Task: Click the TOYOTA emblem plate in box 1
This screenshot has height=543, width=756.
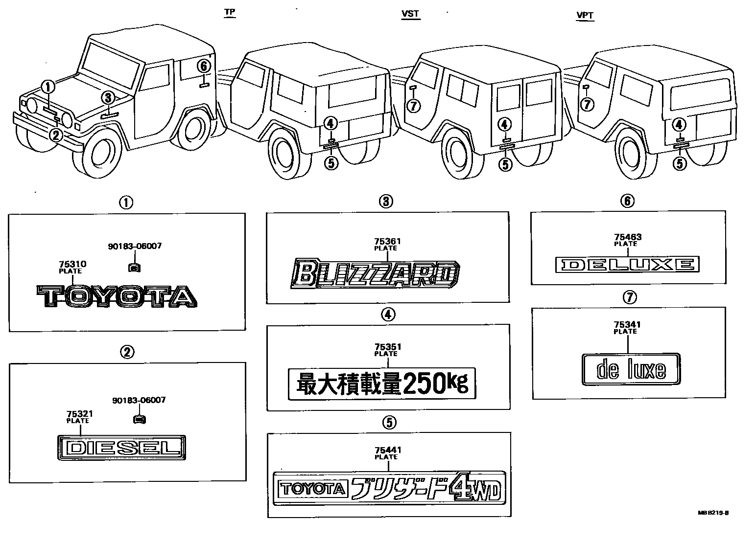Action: coord(117,296)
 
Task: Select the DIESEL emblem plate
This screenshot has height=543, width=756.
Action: coord(122,448)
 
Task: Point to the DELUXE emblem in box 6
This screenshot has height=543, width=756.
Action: coord(628,265)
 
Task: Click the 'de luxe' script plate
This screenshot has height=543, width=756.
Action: coord(631,369)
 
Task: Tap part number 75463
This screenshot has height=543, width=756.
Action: coord(628,237)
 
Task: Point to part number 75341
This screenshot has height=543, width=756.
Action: coord(627,325)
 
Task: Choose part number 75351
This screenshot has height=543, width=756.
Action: coord(387,347)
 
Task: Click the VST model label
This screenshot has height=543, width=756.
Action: coord(410,14)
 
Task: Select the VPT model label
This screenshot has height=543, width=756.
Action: coord(585,15)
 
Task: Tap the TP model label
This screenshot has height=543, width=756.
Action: coord(229,12)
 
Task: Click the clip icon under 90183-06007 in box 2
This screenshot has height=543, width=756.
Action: coord(140,418)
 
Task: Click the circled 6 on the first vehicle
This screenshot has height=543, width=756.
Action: coord(204,66)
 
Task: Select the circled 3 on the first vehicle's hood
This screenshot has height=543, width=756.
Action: coord(109,97)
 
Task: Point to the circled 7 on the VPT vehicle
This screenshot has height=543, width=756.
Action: coord(587,104)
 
